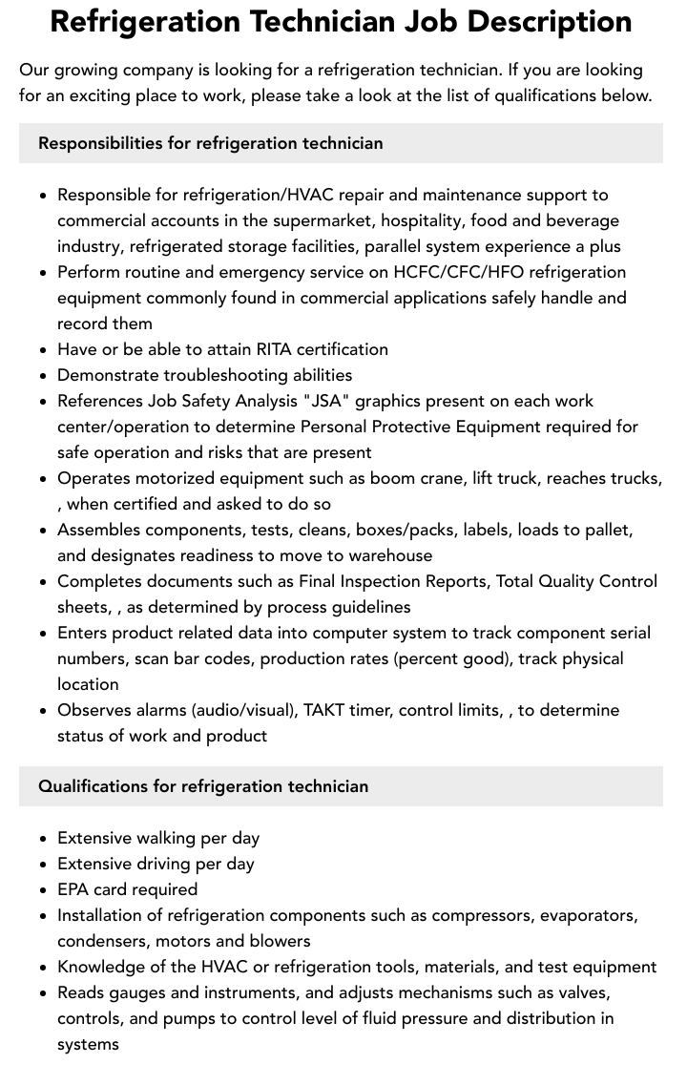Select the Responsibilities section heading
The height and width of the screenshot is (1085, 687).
click(210, 143)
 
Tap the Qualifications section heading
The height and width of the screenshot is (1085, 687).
click(202, 786)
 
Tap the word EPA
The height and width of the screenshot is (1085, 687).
click(73, 889)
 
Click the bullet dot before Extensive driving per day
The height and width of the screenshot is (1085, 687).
click(42, 865)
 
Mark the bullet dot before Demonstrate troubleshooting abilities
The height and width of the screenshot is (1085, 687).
click(42, 376)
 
